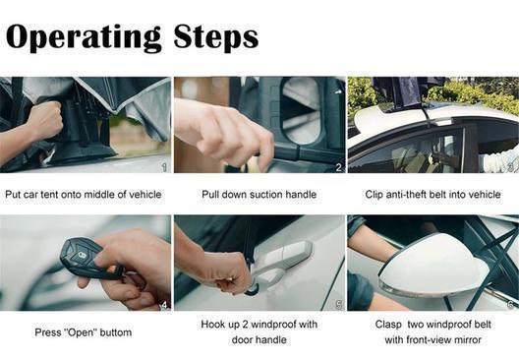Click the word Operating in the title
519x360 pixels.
click(x=83, y=36)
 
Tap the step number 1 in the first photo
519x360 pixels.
click(x=164, y=167)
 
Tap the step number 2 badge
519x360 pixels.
click(x=338, y=167)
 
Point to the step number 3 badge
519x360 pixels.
click(x=511, y=167)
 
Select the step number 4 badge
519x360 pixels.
click(x=164, y=305)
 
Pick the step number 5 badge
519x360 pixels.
click(x=338, y=305)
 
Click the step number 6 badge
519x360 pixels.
click(x=511, y=305)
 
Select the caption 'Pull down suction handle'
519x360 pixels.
click(x=259, y=195)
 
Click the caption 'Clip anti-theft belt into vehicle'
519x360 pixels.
click(x=432, y=195)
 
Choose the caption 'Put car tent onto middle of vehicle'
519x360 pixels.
click(x=86, y=195)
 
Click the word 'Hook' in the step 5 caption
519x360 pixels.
click(x=213, y=325)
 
